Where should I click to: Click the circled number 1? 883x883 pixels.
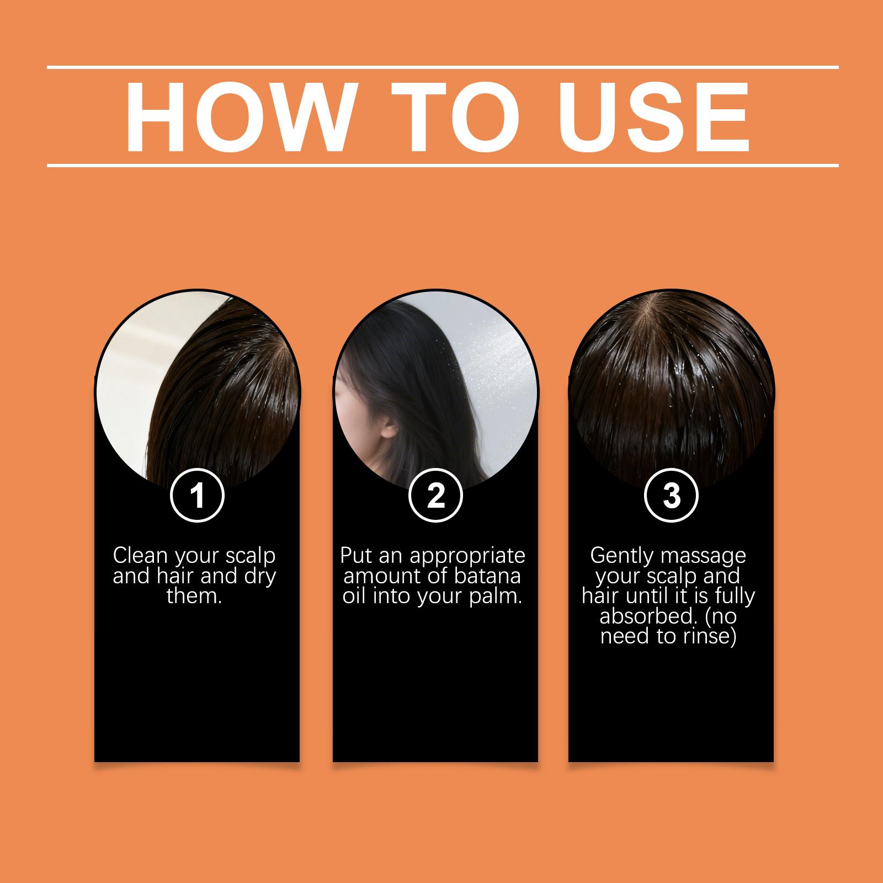click(x=197, y=496)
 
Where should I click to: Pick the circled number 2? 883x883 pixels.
click(x=435, y=496)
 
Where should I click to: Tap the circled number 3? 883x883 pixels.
click(x=671, y=496)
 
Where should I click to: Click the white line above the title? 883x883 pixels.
click(x=443, y=68)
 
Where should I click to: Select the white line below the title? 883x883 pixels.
click(x=443, y=165)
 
